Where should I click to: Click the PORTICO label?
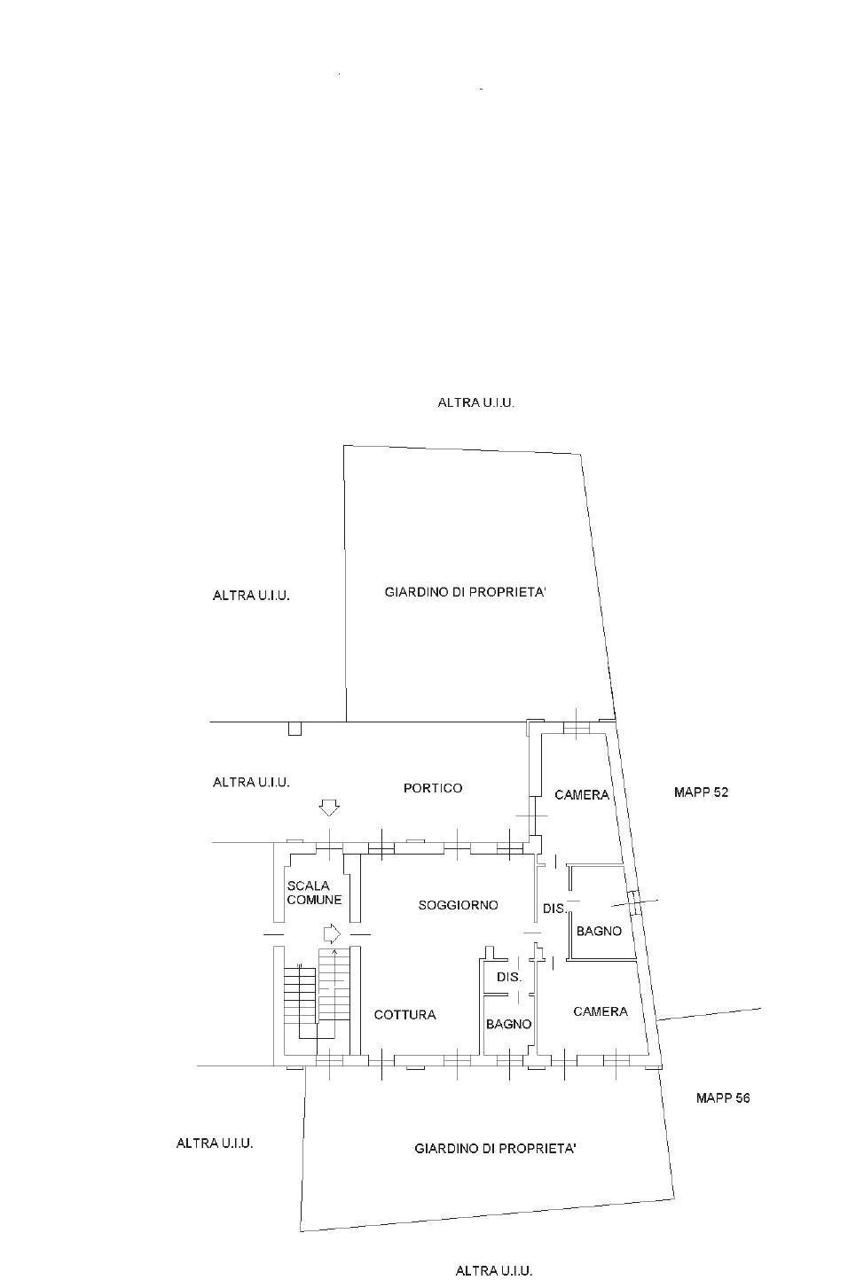tap(433, 788)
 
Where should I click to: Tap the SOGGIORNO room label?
tap(458, 905)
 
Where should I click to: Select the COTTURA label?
tap(404, 1015)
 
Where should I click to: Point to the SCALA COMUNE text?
tap(314, 893)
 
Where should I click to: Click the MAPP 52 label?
tap(701, 792)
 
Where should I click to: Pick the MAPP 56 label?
tap(723, 1097)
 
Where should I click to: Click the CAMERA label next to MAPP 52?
tap(582, 795)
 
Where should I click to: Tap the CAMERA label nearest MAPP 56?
tap(601, 1011)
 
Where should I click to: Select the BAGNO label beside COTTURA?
tap(509, 1024)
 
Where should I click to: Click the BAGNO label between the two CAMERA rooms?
tap(599, 932)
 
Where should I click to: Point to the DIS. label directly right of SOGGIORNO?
tap(554, 909)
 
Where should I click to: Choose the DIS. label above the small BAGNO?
tap(509, 977)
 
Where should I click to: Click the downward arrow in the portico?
tap(330, 808)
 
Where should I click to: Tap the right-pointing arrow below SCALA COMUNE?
tap(332, 933)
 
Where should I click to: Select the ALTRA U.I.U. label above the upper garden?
tap(476, 402)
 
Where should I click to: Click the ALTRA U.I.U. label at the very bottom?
tap(494, 1270)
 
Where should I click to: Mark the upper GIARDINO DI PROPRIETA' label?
tap(465, 592)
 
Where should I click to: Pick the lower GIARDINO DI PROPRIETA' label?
tap(496, 1149)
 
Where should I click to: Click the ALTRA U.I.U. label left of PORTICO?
tap(251, 782)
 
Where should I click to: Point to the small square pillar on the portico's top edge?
tap(295, 729)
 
